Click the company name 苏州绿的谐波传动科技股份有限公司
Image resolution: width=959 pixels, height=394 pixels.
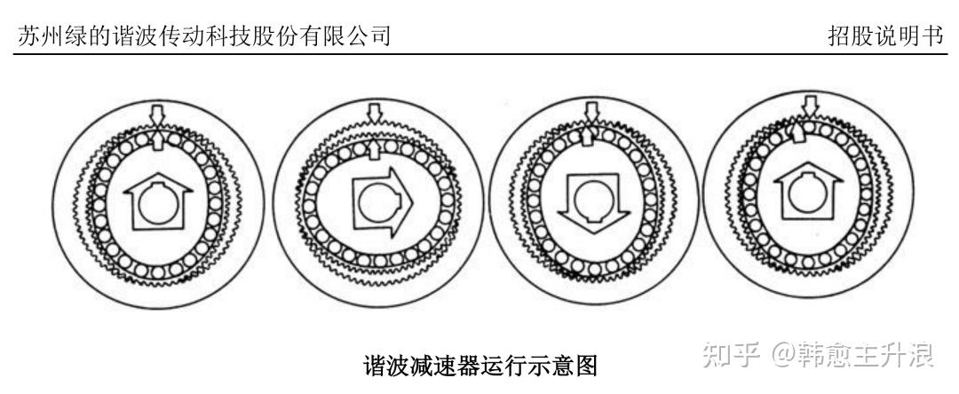point(204,35)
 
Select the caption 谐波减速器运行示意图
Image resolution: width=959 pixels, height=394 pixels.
point(480,366)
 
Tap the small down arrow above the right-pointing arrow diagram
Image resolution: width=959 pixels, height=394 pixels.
point(374,113)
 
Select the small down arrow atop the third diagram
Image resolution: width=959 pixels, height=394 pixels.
point(591,111)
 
